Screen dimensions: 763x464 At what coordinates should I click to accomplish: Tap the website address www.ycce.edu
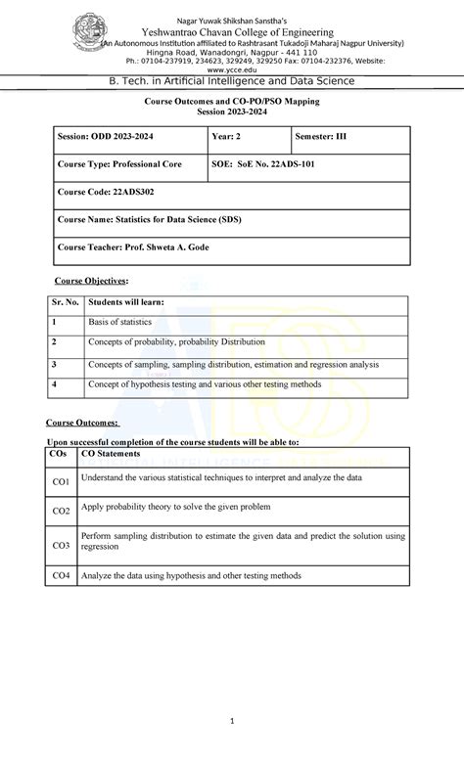pyautogui.click(x=233, y=70)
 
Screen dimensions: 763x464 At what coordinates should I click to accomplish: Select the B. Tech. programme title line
pyautogui.click(x=233, y=84)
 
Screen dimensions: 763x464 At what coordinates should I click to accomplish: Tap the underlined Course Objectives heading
pyautogui.click(x=90, y=280)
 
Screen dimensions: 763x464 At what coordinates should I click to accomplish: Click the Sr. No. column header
pyautogui.click(x=66, y=304)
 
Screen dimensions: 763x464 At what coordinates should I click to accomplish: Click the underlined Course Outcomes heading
pyautogui.click(x=83, y=423)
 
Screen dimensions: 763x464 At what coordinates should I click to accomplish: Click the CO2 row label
pyautogui.click(x=61, y=511)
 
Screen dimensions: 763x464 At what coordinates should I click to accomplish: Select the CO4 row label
pyautogui.click(x=61, y=576)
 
